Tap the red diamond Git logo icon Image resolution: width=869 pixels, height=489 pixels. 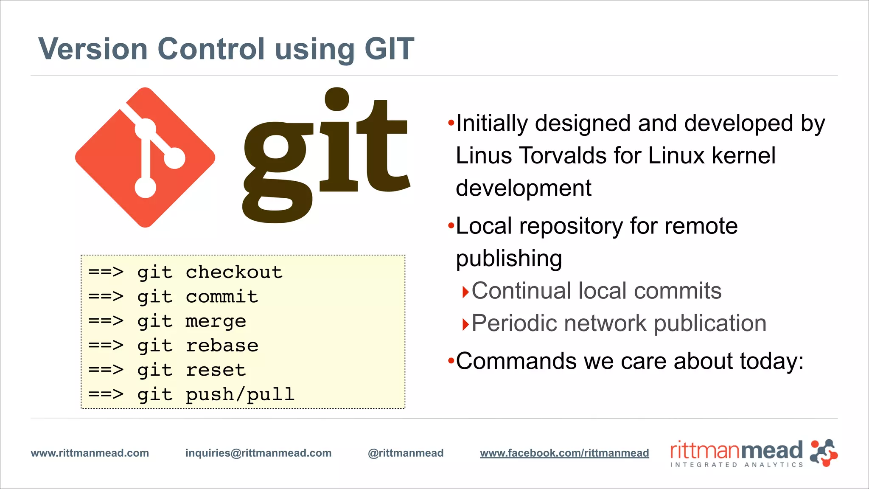(145, 157)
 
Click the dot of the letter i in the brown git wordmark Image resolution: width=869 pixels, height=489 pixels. (336, 99)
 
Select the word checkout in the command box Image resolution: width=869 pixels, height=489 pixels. (234, 272)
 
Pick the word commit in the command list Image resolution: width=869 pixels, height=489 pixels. (221, 297)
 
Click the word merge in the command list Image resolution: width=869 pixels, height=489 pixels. (216, 321)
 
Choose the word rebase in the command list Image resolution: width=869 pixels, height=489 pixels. (221, 346)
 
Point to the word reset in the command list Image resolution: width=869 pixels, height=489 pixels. (216, 370)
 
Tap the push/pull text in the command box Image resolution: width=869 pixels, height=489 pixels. (240, 395)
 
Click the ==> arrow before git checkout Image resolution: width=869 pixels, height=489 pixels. (106, 272)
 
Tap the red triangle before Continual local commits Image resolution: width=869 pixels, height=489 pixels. (465, 292)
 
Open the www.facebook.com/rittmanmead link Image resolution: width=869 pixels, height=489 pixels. (564, 453)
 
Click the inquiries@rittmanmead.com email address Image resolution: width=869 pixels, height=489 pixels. (258, 453)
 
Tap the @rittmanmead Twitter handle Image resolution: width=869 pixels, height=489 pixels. (406, 453)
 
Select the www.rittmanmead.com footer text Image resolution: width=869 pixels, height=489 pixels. (90, 453)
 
